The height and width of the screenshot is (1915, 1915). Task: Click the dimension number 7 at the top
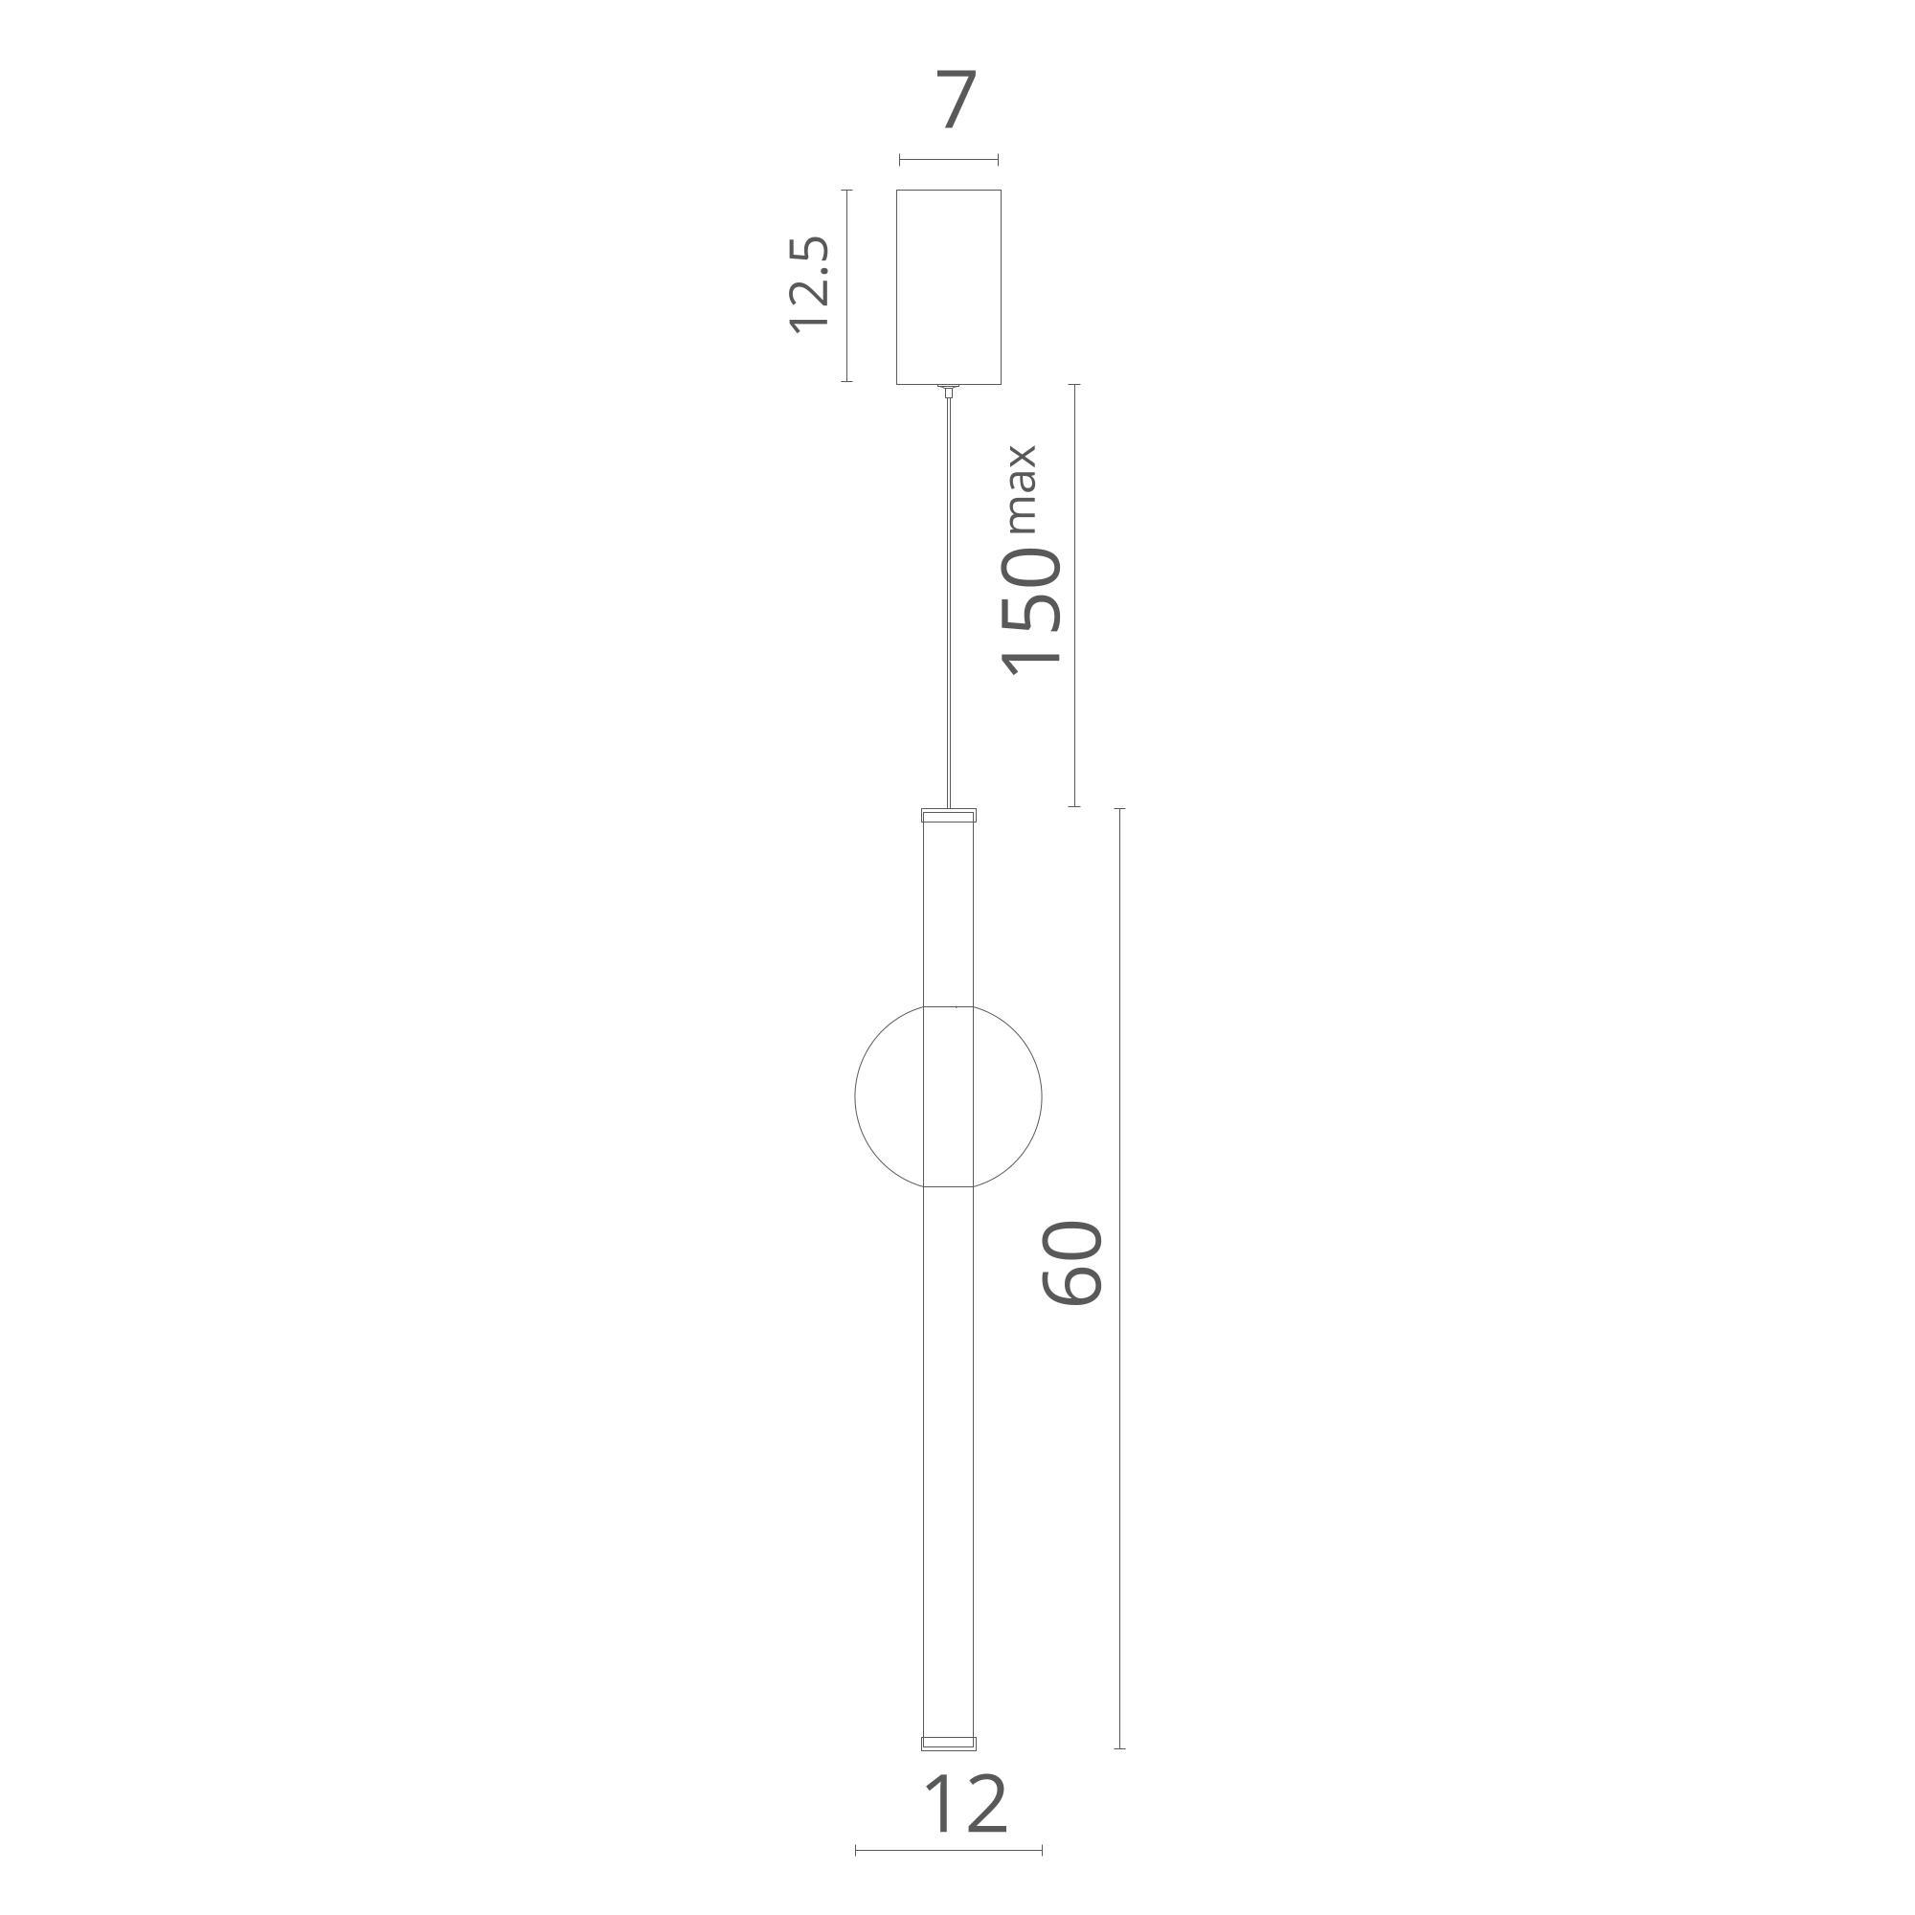tap(957, 100)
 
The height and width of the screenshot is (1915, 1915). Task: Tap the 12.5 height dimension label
tap(808, 284)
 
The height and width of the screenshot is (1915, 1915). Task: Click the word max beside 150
tap(1021, 489)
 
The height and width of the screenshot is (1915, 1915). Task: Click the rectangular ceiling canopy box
tap(949, 286)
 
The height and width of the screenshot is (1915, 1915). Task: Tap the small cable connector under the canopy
tap(949, 391)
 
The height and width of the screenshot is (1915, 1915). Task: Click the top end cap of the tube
tap(949, 816)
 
